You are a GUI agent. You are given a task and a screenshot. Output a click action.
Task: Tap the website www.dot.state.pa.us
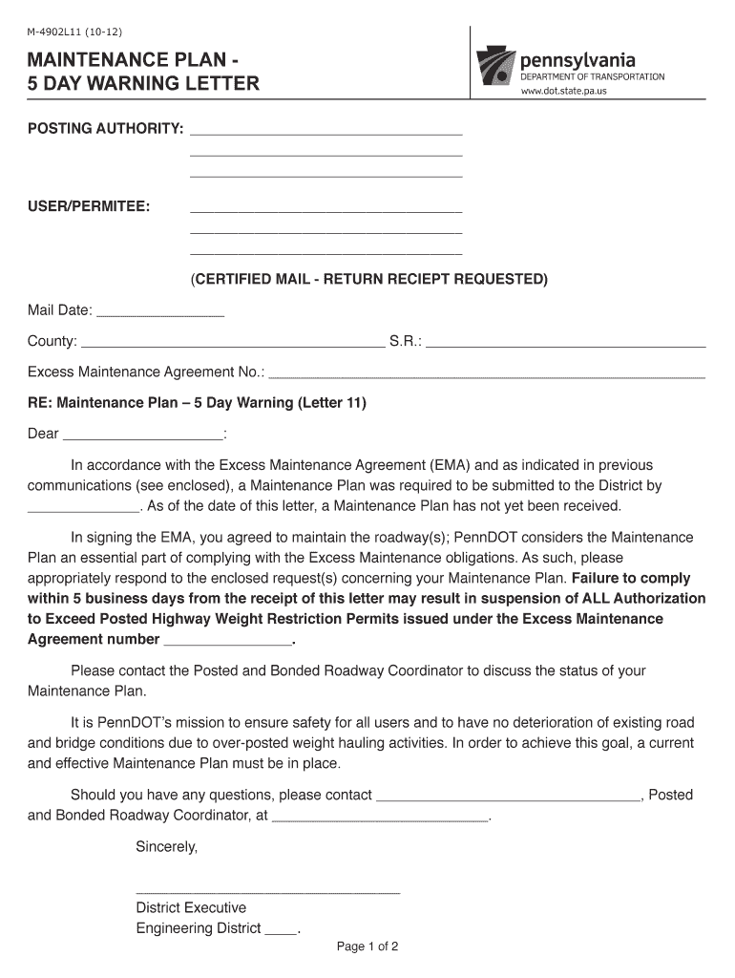tap(563, 92)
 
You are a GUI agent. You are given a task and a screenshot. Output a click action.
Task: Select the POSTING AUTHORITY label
tap(105, 129)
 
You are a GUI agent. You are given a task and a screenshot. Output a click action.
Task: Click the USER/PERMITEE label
tap(88, 206)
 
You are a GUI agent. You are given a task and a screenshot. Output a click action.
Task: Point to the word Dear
tap(43, 434)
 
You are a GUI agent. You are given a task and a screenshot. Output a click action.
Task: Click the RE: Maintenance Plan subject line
tap(197, 403)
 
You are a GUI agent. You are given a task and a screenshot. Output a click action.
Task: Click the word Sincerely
tap(166, 846)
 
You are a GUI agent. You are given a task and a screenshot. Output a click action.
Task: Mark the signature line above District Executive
tap(267, 892)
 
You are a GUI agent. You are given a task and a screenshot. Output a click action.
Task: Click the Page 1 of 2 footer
tap(367, 947)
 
